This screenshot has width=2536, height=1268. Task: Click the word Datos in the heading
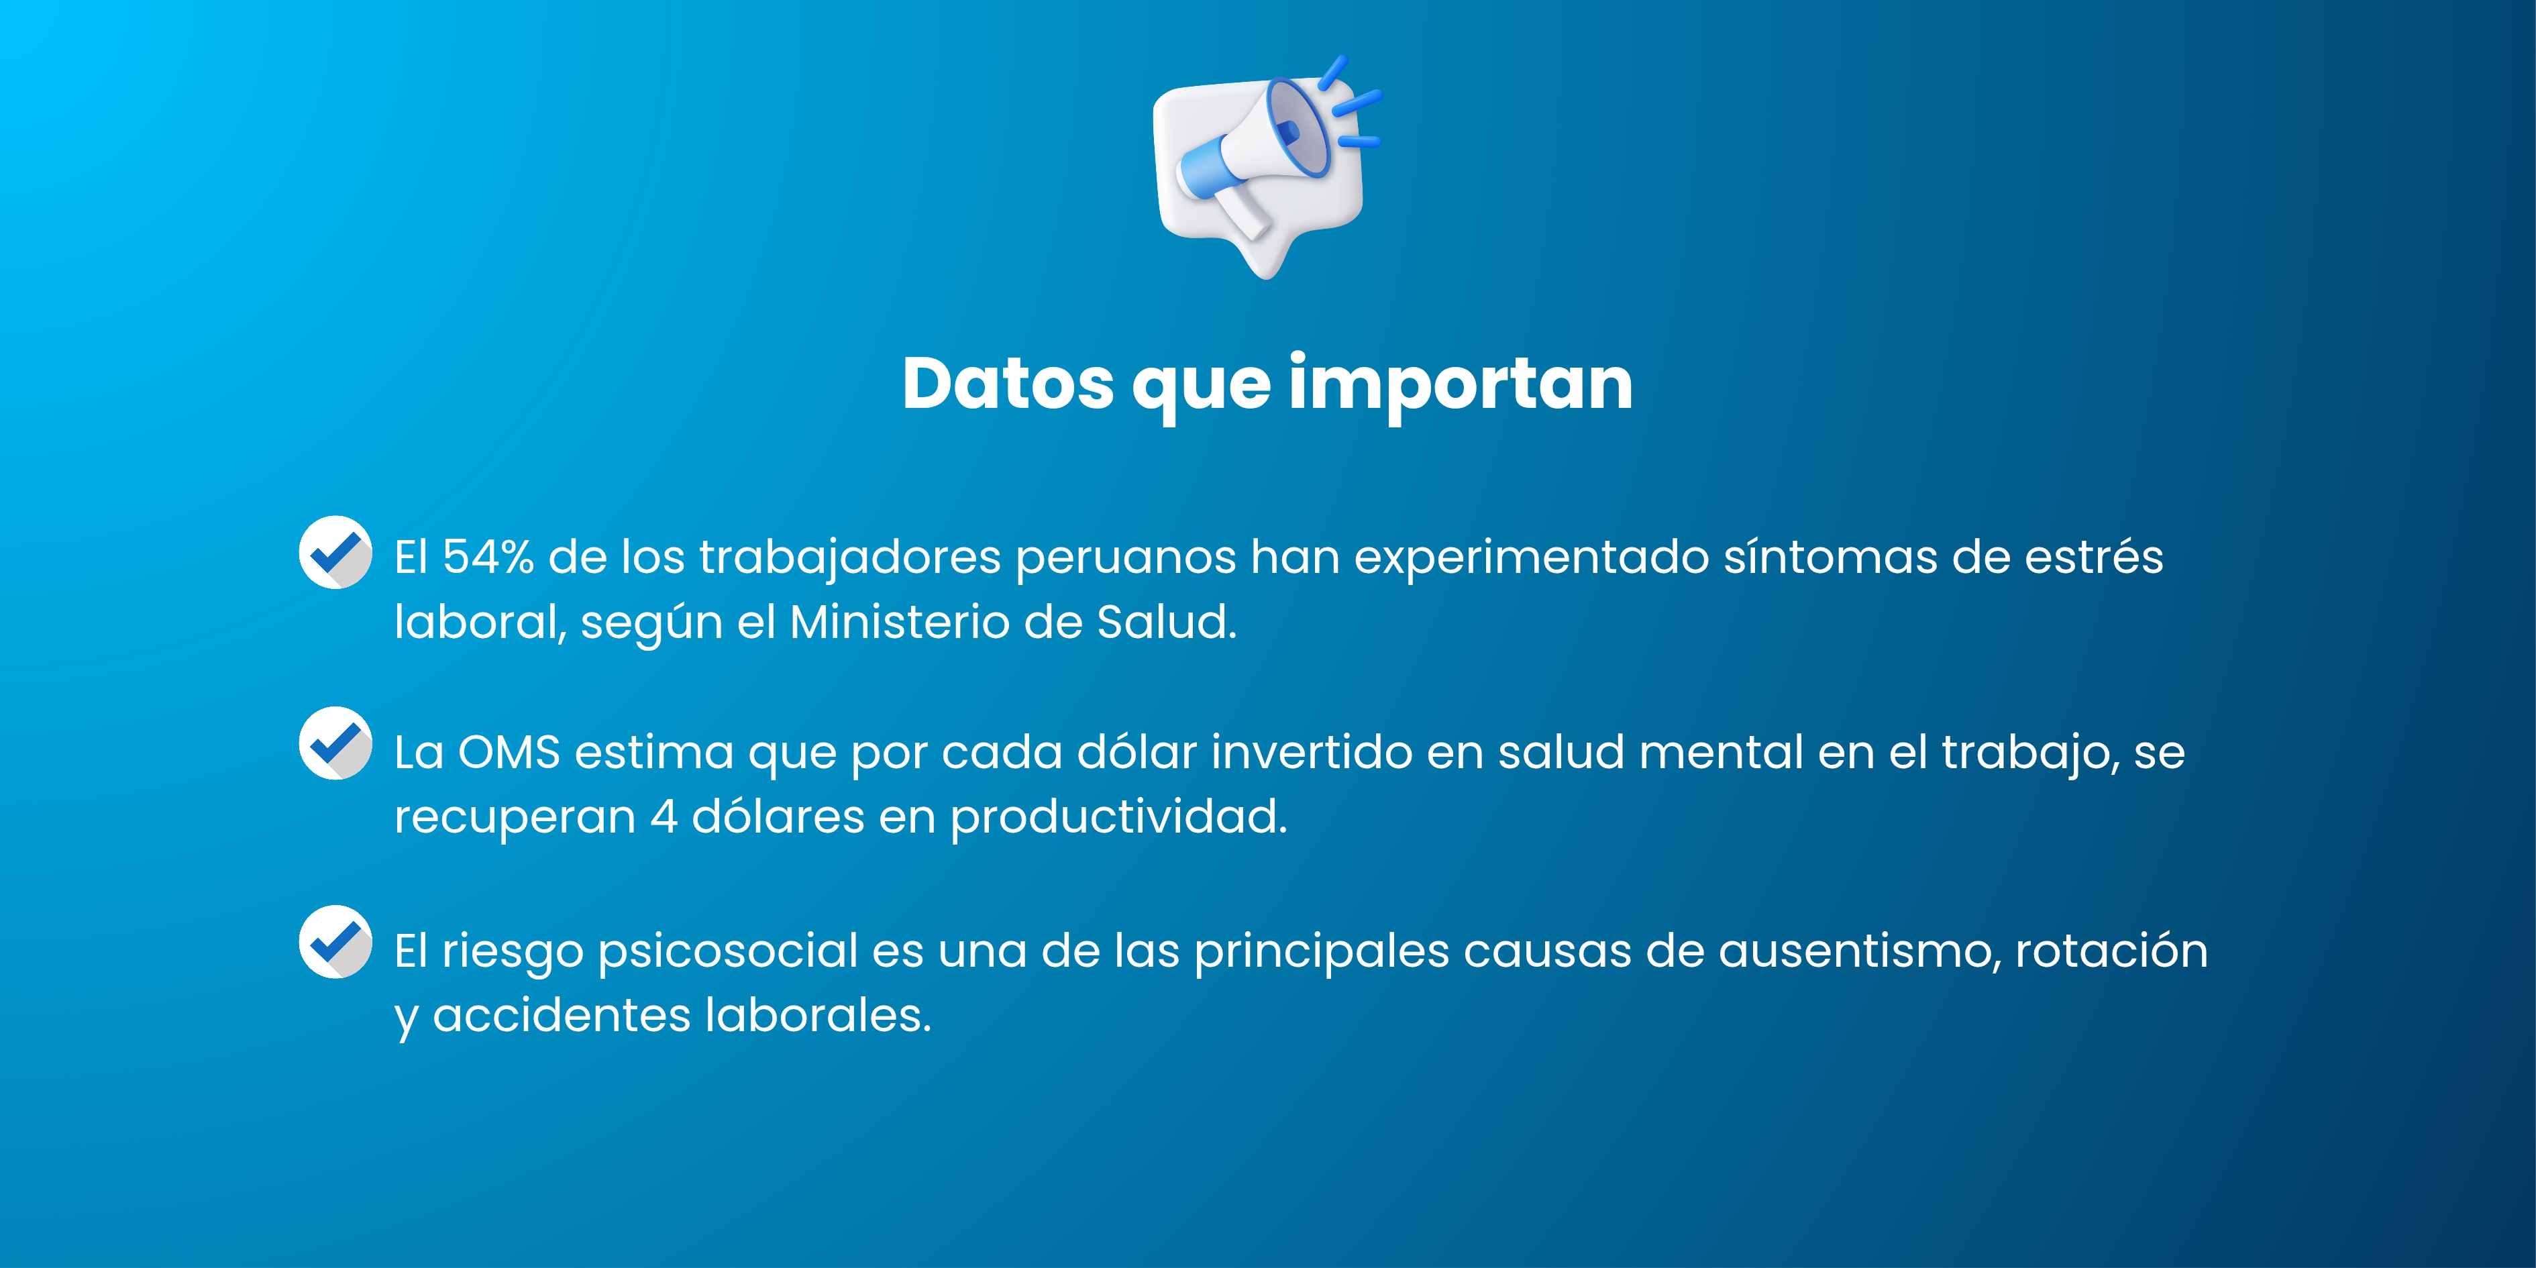(1008, 383)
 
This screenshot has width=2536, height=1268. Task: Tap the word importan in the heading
(1461, 386)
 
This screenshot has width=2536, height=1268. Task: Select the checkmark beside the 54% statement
(335, 552)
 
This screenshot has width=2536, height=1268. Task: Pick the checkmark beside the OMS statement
(335, 743)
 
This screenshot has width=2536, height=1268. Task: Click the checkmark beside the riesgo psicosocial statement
(335, 942)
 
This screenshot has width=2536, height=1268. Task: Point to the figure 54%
(488, 558)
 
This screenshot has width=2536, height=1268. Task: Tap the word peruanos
(1125, 561)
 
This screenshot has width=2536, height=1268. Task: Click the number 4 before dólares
(664, 817)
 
